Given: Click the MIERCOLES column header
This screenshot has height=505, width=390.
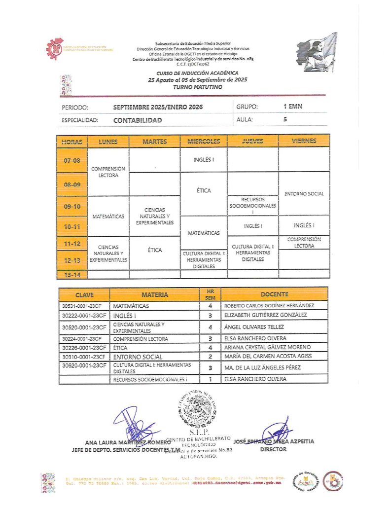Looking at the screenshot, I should pyautogui.click(x=204, y=141).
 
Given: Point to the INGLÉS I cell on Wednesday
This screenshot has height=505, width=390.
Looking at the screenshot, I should pyautogui.click(x=204, y=160).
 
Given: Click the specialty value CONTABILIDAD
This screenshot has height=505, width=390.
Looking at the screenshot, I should pyautogui.click(x=137, y=120).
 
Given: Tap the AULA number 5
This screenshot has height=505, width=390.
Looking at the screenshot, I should pyautogui.click(x=285, y=119).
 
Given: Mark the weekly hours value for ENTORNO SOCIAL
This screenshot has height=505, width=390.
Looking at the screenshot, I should pyautogui.click(x=210, y=356).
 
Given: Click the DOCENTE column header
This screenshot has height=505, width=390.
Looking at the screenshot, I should pyautogui.click(x=275, y=294).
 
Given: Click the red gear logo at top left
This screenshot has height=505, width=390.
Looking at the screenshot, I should pyautogui.click(x=55, y=49).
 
